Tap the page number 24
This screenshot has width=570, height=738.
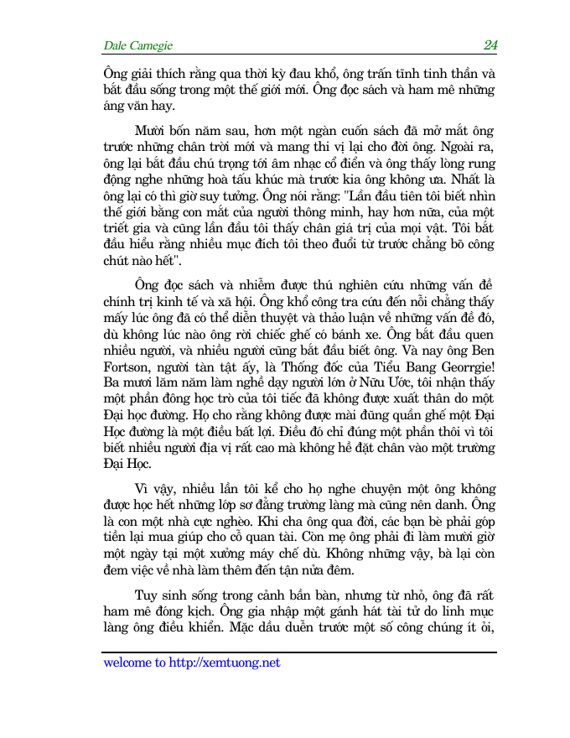point(490,44)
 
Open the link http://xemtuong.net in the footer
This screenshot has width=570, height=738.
point(224,663)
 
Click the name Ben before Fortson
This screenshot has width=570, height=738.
point(484,376)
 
